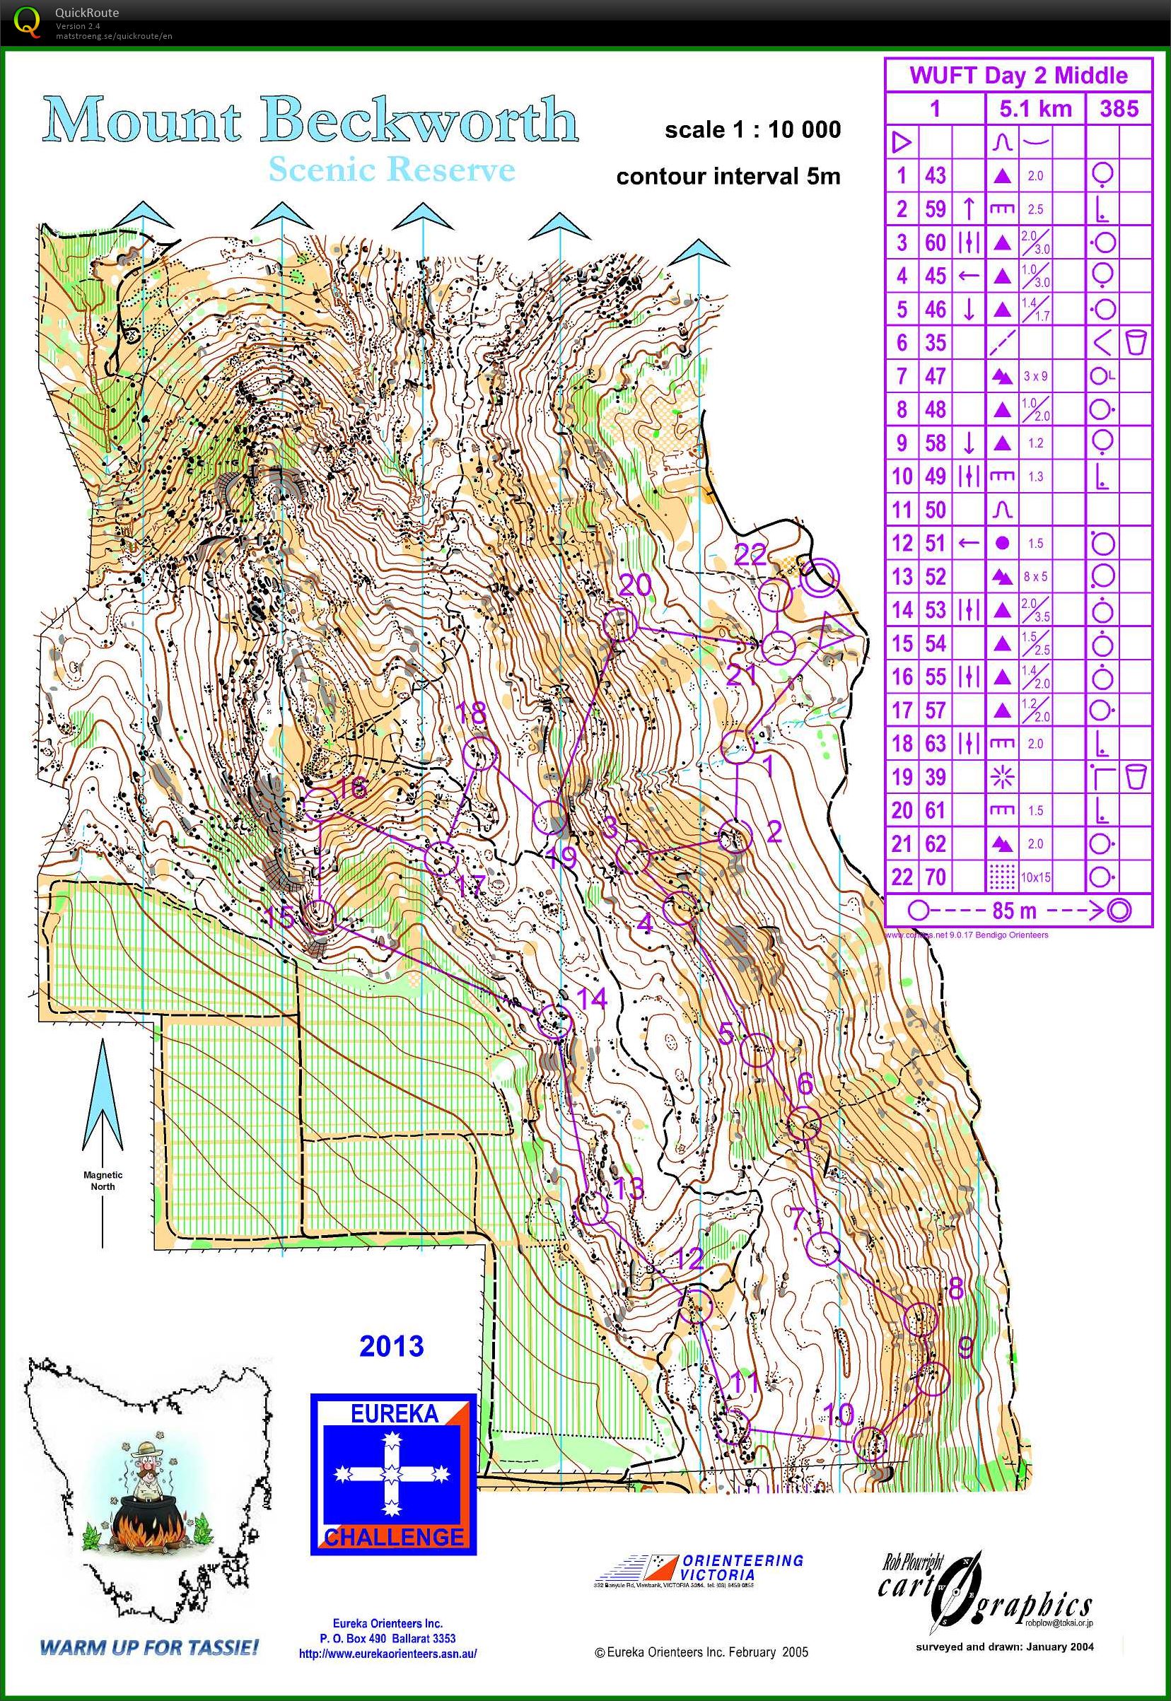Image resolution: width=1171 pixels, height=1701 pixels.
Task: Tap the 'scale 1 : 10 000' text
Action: (752, 130)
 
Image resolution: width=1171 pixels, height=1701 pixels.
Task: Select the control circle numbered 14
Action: (553, 1021)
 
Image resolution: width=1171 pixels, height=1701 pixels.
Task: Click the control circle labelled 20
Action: (619, 624)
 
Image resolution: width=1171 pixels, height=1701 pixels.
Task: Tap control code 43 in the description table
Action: (935, 175)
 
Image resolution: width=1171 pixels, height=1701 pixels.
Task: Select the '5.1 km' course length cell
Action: (1035, 110)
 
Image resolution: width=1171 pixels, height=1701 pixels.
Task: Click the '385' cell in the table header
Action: (1119, 110)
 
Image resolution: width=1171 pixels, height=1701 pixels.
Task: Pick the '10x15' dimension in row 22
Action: (1035, 877)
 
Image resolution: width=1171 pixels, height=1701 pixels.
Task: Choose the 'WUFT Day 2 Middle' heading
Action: (1018, 76)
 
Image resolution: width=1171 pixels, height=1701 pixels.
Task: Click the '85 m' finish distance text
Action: (1014, 911)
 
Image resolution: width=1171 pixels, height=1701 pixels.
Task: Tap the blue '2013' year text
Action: (391, 1346)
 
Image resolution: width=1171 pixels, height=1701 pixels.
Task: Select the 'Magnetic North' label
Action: (103, 1180)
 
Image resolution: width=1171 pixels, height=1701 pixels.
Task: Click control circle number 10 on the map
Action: (870, 1444)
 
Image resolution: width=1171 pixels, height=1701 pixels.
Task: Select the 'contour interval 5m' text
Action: (728, 177)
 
